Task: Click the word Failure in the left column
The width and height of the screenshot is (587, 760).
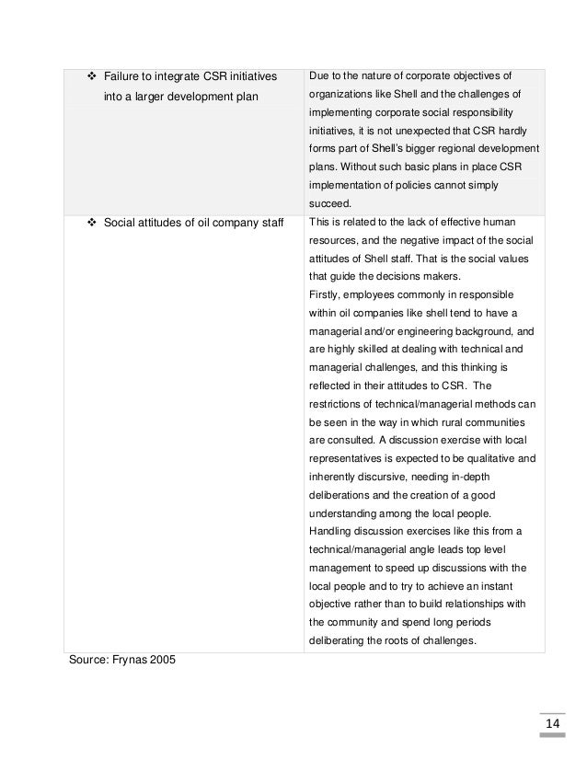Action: coord(123,75)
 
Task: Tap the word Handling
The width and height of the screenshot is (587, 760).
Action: coord(336,531)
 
